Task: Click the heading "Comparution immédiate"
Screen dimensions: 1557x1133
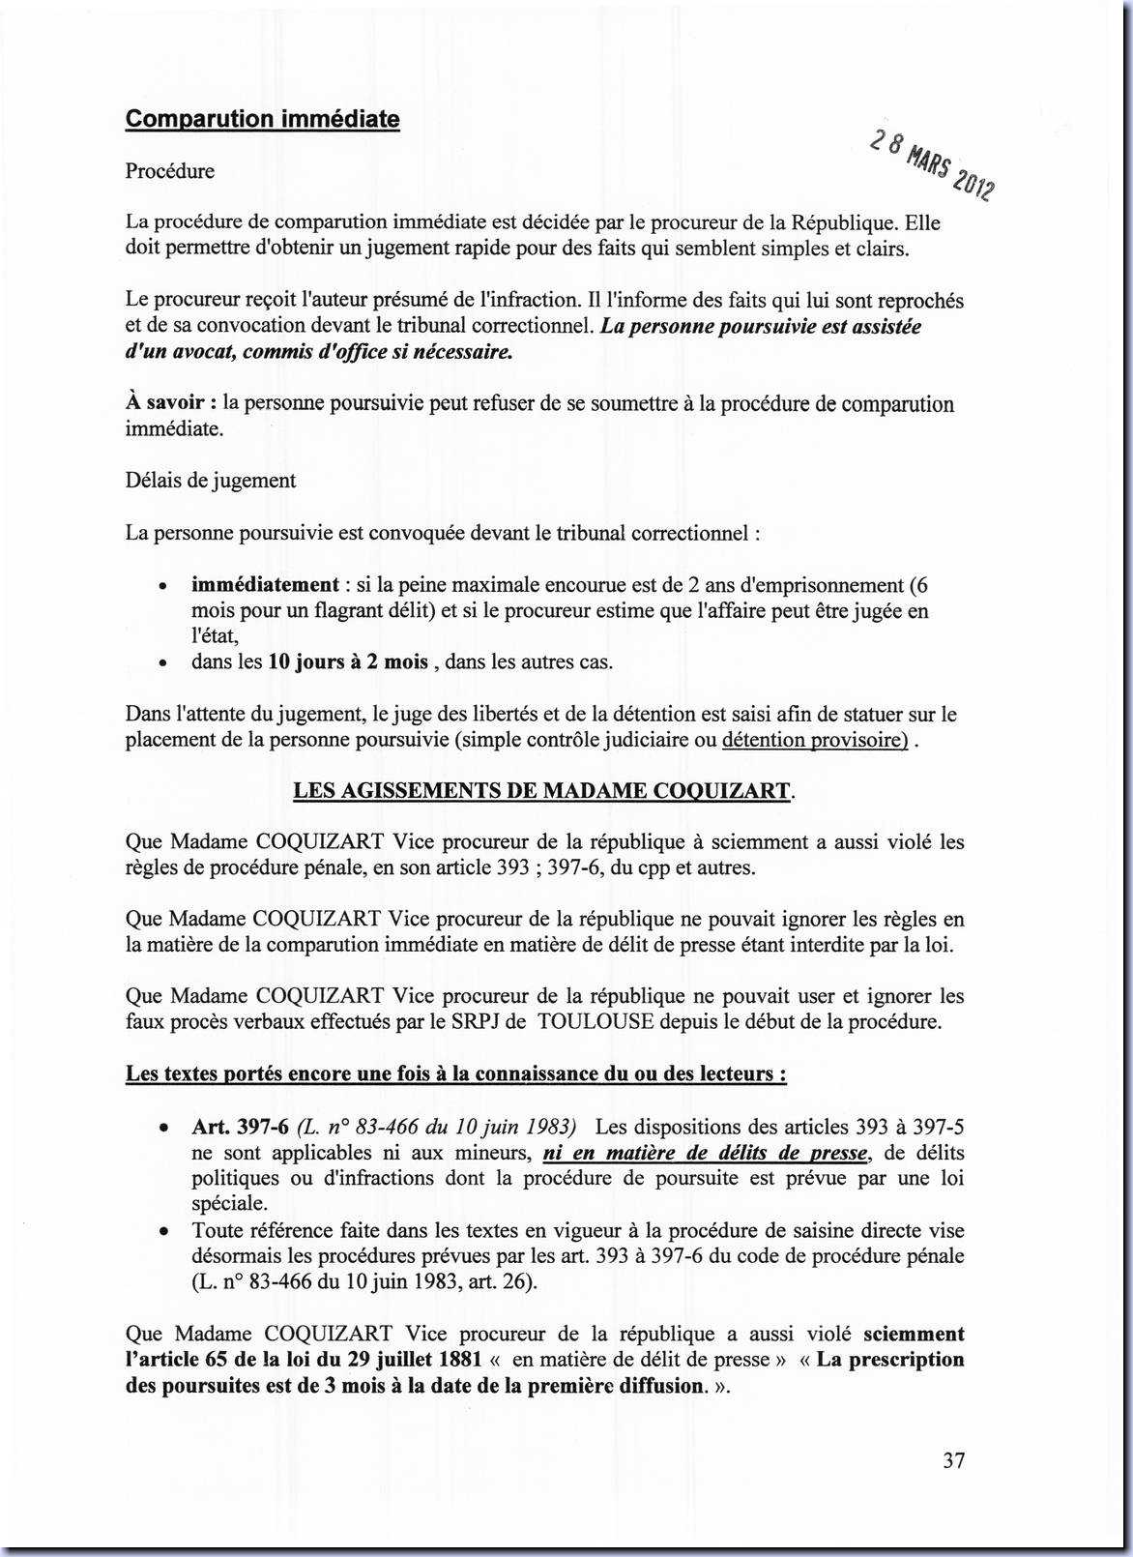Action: [x=262, y=120]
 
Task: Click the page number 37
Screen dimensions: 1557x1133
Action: [x=953, y=1460]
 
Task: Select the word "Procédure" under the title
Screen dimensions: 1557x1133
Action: [x=170, y=171]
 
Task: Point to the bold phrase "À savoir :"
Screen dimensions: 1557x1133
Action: [x=171, y=403]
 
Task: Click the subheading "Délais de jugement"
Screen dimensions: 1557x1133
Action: [x=211, y=481]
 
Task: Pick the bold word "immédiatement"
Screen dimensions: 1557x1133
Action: [x=265, y=585]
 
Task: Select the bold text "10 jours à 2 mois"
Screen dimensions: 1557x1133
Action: [x=348, y=662]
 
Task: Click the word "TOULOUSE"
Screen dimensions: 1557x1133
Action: [x=596, y=1021]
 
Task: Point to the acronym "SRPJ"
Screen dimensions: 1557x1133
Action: [x=477, y=1021]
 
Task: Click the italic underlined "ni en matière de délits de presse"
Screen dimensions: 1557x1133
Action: [x=707, y=1153]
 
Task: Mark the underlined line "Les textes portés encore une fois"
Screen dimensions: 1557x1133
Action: [x=455, y=1074]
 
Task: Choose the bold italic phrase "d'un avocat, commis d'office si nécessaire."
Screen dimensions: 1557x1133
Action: [x=319, y=352]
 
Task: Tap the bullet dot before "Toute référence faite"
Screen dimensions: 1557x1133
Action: [x=165, y=1232]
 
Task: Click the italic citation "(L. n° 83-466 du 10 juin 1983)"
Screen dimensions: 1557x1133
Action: [x=437, y=1127]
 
